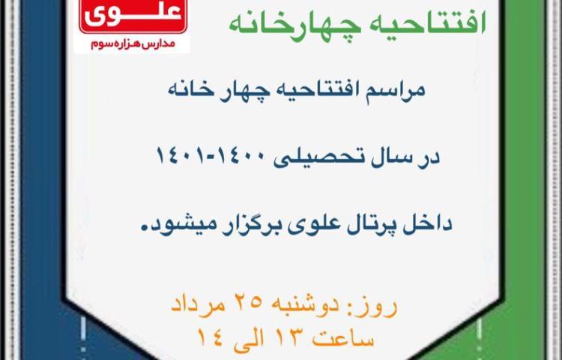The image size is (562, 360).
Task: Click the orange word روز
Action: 375,305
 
